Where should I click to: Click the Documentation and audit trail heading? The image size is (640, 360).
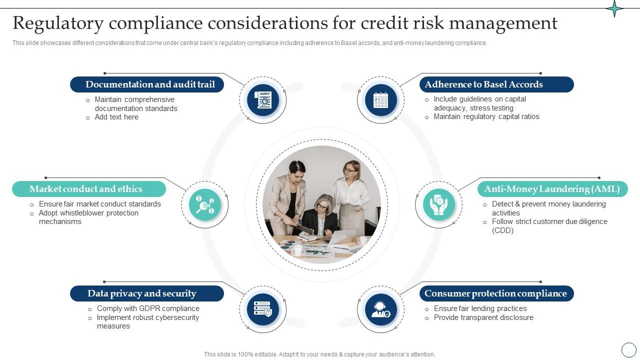149,84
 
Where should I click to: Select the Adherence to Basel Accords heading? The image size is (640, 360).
483,84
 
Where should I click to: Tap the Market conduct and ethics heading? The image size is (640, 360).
86,189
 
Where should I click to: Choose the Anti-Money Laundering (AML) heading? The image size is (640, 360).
551,189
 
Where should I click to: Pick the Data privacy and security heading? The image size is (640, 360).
141,293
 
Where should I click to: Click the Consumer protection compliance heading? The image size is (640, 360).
495,293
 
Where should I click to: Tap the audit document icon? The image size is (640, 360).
263,100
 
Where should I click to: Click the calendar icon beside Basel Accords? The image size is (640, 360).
380,100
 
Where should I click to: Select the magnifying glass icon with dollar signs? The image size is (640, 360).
205,204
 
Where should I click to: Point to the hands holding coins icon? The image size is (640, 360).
438,204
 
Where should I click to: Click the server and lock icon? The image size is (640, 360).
263,309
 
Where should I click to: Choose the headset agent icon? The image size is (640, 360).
380,309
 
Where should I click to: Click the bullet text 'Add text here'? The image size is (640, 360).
116,117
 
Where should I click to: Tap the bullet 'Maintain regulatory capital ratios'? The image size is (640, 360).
486,116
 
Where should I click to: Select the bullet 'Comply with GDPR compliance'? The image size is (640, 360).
148,308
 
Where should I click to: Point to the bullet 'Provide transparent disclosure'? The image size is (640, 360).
483,317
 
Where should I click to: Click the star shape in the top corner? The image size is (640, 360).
614,8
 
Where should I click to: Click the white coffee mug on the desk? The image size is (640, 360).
298,249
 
